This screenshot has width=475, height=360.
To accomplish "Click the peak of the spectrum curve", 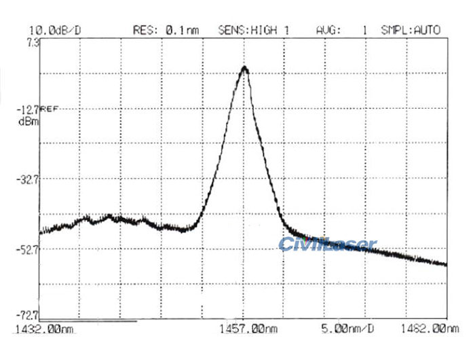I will (x=244, y=67).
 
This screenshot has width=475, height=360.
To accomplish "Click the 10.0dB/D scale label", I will (x=55, y=30).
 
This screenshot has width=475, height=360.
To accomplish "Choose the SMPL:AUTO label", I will (x=411, y=30).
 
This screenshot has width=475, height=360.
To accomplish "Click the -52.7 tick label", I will (x=29, y=249).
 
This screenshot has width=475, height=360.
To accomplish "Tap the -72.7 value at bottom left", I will (x=29, y=315).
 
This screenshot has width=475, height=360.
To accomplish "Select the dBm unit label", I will (x=29, y=122).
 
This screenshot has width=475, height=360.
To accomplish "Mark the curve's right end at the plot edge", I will (x=446, y=264).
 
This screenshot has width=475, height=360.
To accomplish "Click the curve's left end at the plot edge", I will (x=40, y=232).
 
